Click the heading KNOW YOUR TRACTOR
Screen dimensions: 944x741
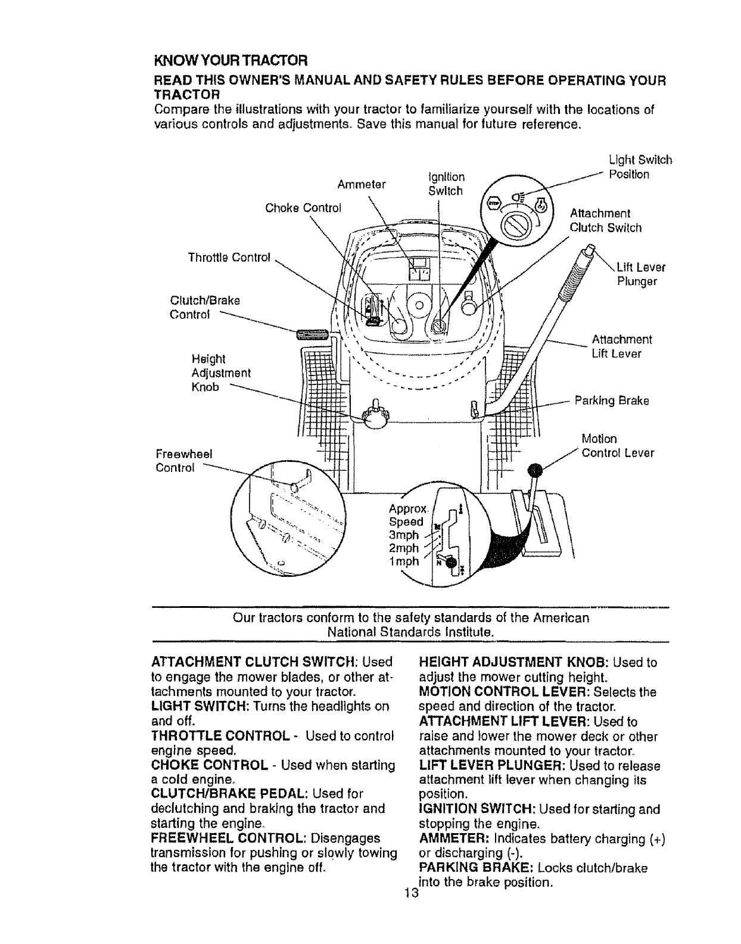[x=231, y=61]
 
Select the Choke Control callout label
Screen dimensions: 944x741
[x=303, y=208]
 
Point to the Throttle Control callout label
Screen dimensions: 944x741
[x=229, y=257]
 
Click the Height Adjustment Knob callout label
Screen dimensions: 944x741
[x=220, y=373]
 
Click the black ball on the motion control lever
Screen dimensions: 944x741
[x=536, y=470]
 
